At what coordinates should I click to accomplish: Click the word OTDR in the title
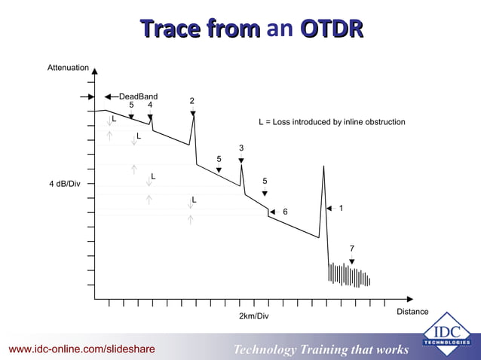pyautogui.click(x=332, y=29)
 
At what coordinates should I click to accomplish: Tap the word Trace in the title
pyautogui.click(x=168, y=29)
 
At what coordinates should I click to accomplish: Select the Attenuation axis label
pyautogui.click(x=68, y=68)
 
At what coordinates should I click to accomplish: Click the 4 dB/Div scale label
pyautogui.click(x=65, y=184)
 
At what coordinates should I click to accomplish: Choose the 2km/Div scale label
pyautogui.click(x=253, y=316)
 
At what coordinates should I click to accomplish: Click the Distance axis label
pyautogui.click(x=412, y=311)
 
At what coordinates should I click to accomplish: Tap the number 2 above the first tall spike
pyautogui.click(x=192, y=101)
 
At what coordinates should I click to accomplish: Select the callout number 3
pyautogui.click(x=241, y=148)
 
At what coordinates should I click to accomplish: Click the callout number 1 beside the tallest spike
pyautogui.click(x=342, y=208)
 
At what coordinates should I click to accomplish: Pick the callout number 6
pyautogui.click(x=285, y=212)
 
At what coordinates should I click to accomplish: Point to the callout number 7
pyautogui.click(x=351, y=249)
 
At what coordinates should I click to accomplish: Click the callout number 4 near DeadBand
pyautogui.click(x=150, y=105)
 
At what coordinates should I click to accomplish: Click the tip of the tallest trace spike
pyautogui.click(x=323, y=166)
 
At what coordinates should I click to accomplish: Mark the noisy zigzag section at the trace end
pyautogui.click(x=349, y=275)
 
